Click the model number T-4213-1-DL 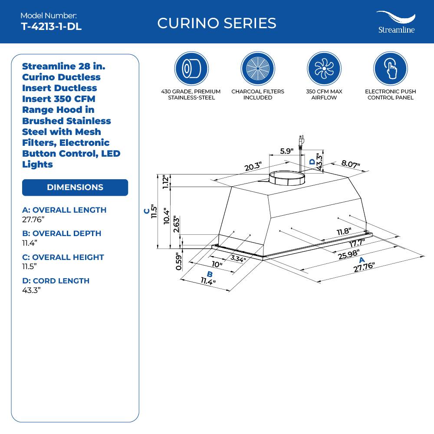pos(51,26)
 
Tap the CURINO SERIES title pos(217,23)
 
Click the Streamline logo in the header pos(395,23)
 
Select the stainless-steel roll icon pos(191,69)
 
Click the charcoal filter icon pos(258,69)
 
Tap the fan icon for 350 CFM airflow pos(324,69)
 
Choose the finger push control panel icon pos(390,69)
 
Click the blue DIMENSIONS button pos(75,187)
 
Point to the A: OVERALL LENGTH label pos(64,210)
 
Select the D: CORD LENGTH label pos(56,281)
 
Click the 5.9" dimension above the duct pos(286,151)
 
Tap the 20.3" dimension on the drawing pos(253,166)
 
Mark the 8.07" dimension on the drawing pos(351,164)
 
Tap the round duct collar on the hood pos(287,178)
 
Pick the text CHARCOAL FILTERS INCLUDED pos(258,95)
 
